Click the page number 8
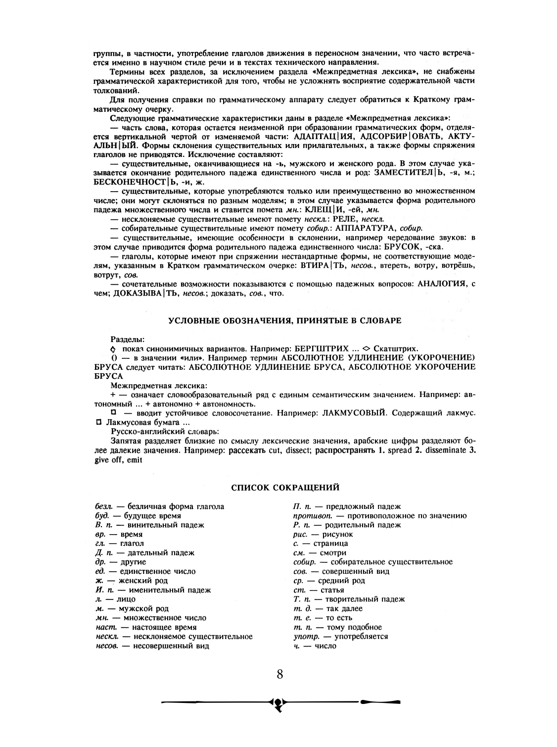pos(279,674)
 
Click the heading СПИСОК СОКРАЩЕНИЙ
pos(285,488)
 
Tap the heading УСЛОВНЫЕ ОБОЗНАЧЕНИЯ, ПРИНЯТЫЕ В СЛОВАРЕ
pos(285,320)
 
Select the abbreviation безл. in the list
pos(104,506)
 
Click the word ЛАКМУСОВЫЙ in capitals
pos(350,413)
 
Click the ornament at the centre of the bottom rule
pos(279,703)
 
